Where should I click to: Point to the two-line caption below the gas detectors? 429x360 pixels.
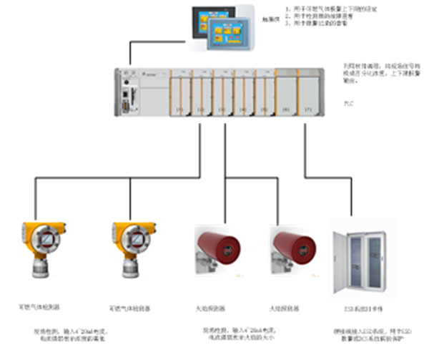(71, 336)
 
